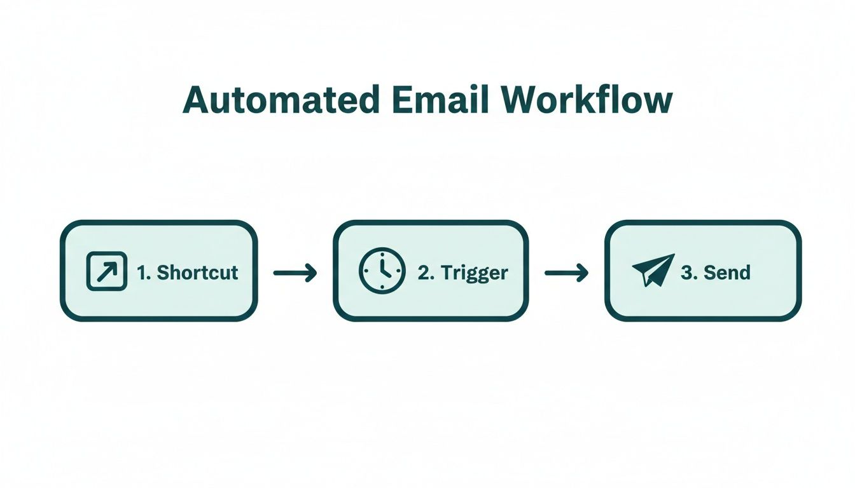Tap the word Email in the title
pyautogui.click(x=435, y=100)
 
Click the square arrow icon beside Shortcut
pyautogui.click(x=106, y=272)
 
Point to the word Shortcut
pyautogui.click(x=197, y=273)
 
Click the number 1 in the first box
pyautogui.click(x=143, y=273)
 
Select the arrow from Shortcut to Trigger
pyautogui.click(x=295, y=273)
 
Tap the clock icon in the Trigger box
pyautogui.click(x=382, y=271)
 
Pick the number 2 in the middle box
pyautogui.click(x=424, y=273)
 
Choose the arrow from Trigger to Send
pyautogui.click(x=566, y=273)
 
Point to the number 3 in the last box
pyautogui.click(x=686, y=273)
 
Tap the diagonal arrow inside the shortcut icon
pyautogui.click(x=106, y=272)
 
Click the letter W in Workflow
pyautogui.click(x=519, y=100)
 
